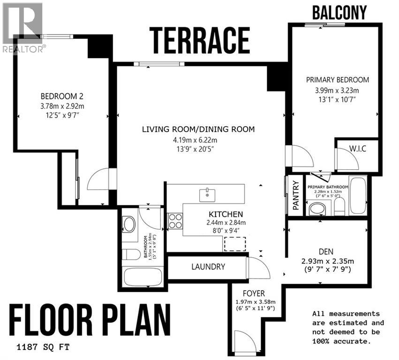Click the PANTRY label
click(295, 195)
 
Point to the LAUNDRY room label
click(208, 267)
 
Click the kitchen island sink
click(206, 193)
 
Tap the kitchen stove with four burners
click(175, 221)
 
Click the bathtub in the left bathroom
click(142, 277)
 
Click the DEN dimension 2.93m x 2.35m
click(327, 261)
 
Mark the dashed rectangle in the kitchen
click(235, 244)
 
